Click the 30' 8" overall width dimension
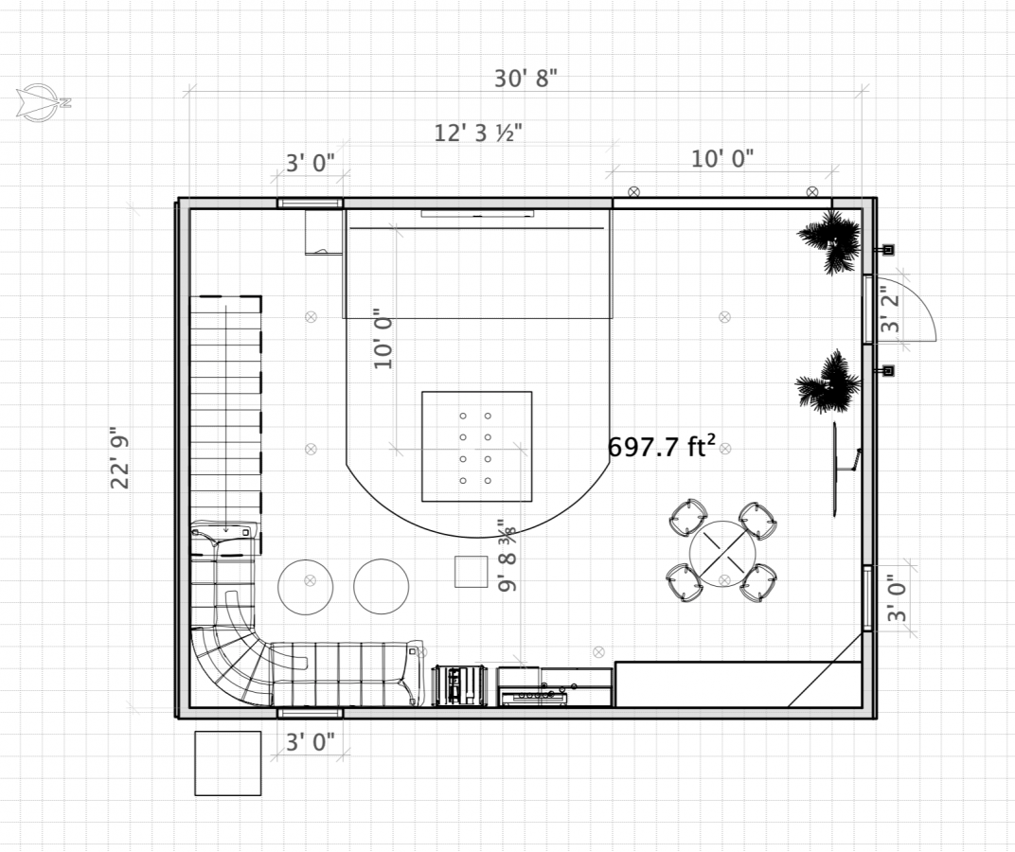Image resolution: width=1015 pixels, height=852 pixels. click(x=525, y=79)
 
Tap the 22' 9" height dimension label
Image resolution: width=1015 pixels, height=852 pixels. click(x=120, y=457)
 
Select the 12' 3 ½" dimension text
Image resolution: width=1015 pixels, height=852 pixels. click(x=478, y=133)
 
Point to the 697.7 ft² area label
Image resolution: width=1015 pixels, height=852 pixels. click(x=662, y=446)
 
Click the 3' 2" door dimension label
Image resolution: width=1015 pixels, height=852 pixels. click(x=891, y=313)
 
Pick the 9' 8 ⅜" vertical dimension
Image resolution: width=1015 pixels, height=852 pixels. click(x=508, y=555)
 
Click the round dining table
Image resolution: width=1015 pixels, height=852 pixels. click(x=722, y=554)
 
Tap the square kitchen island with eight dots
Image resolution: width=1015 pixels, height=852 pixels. click(x=477, y=446)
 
